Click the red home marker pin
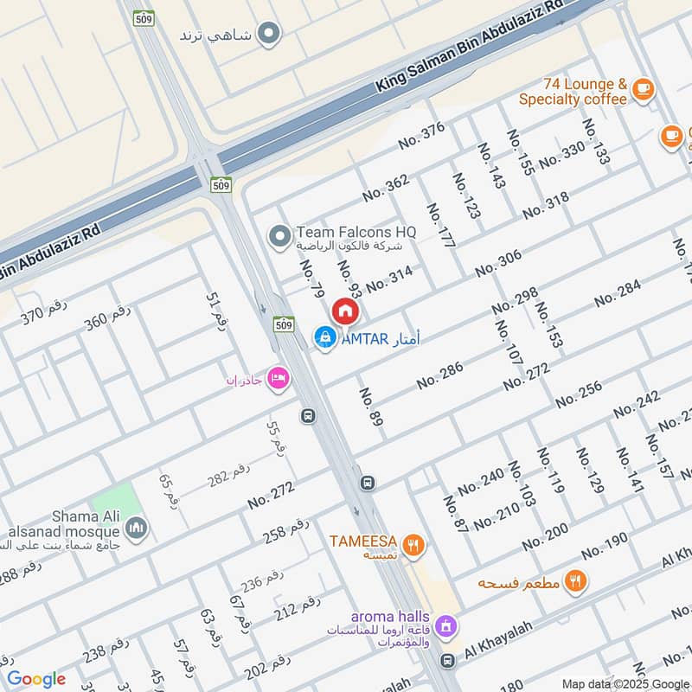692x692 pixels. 345,311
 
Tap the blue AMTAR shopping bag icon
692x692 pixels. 325,337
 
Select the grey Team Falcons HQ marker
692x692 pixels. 279,234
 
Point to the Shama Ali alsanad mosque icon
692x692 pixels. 135,527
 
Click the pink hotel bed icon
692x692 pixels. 278,379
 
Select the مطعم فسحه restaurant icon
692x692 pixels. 574,581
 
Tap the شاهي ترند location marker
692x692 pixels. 270,35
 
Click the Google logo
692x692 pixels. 36,679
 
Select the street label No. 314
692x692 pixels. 389,279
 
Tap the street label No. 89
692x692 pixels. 371,407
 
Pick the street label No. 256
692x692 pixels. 579,394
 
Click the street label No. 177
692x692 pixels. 440,227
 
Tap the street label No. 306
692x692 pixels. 498,263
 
